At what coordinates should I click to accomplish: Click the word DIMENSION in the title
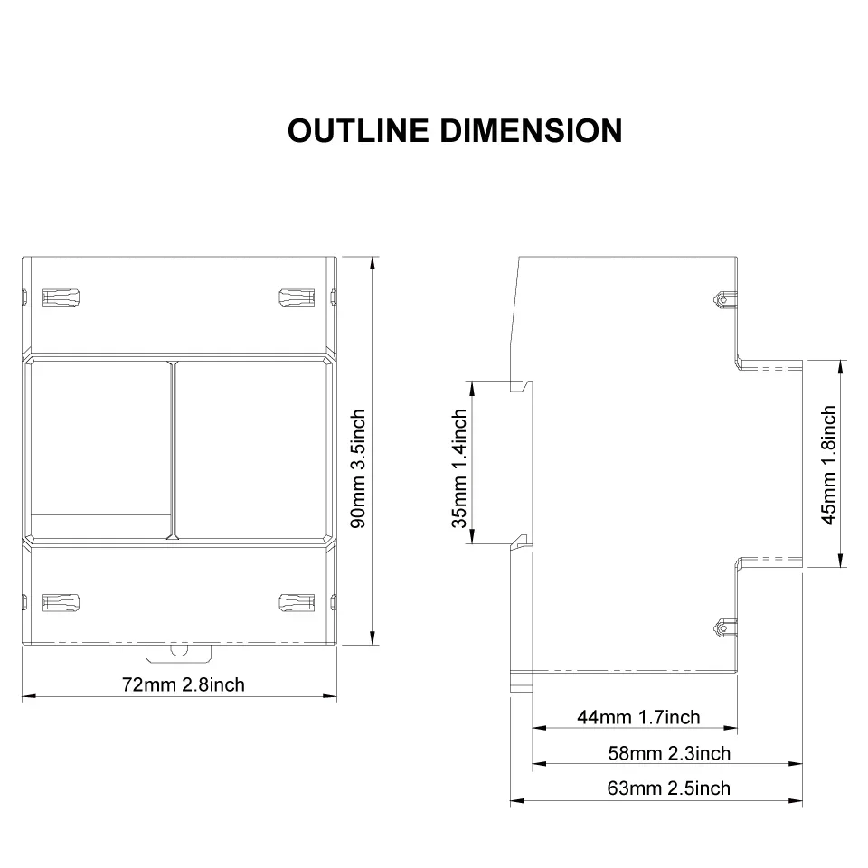(x=531, y=130)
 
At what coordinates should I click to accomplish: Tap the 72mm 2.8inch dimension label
(x=184, y=684)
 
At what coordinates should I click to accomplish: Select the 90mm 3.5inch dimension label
(x=359, y=469)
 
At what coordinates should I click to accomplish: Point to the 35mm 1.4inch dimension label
(x=459, y=469)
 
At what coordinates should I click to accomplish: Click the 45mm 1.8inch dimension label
(x=829, y=465)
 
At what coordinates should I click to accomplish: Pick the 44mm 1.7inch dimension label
(x=638, y=717)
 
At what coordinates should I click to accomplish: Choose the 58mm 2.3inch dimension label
(x=669, y=753)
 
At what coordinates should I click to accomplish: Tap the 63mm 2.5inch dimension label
(x=669, y=788)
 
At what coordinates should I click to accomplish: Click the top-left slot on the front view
(x=61, y=297)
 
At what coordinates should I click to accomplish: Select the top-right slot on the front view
(x=297, y=297)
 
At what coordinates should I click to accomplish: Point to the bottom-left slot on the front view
(x=61, y=603)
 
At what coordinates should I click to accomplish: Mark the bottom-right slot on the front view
(x=297, y=603)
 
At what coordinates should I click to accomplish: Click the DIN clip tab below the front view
(x=179, y=653)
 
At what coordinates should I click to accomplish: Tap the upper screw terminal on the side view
(x=724, y=299)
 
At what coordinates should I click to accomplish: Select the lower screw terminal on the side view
(x=724, y=628)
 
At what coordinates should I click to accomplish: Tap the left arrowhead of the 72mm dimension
(x=29, y=696)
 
